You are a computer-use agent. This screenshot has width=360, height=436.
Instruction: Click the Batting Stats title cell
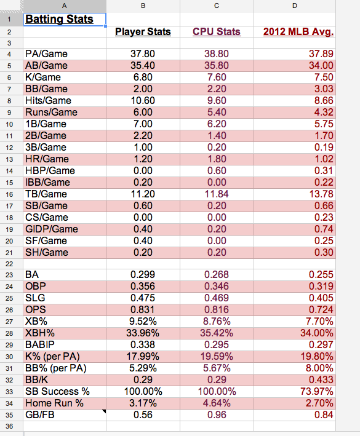pos(59,19)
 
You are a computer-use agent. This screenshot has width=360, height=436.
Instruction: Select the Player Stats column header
pos(143,31)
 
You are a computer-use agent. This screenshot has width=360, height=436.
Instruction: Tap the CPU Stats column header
pos(217,31)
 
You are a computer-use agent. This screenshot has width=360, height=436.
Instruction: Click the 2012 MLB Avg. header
pos(298,31)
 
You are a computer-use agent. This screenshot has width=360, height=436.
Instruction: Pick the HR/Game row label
pos(47,159)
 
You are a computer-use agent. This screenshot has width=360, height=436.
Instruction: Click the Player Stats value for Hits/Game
pos(143,100)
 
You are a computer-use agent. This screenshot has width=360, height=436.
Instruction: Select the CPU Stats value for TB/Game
pos(217,194)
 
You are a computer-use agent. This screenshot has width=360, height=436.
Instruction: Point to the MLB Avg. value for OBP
pos(321,286)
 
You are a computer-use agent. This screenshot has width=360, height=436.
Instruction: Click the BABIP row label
pos(40,344)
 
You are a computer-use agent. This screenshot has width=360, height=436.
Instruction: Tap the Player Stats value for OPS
pos(143,309)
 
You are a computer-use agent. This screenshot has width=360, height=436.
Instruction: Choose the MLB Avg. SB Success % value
pos(316,391)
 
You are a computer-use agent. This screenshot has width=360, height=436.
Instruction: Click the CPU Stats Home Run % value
pos(217,403)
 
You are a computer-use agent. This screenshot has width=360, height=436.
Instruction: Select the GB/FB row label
pos(40,414)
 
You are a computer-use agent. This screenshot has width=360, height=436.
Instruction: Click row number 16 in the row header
pos(9,194)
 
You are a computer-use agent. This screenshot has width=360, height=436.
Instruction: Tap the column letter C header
pos(217,6)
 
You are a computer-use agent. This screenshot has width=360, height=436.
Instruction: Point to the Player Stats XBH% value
pos(143,333)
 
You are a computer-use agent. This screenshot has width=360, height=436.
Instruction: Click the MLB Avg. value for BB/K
pos(321,379)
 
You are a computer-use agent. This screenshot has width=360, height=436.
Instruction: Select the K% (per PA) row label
pos(52,356)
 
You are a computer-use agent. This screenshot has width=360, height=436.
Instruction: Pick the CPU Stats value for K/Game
pos(217,77)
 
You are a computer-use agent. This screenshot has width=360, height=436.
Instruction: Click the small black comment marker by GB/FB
pos(105,411)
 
